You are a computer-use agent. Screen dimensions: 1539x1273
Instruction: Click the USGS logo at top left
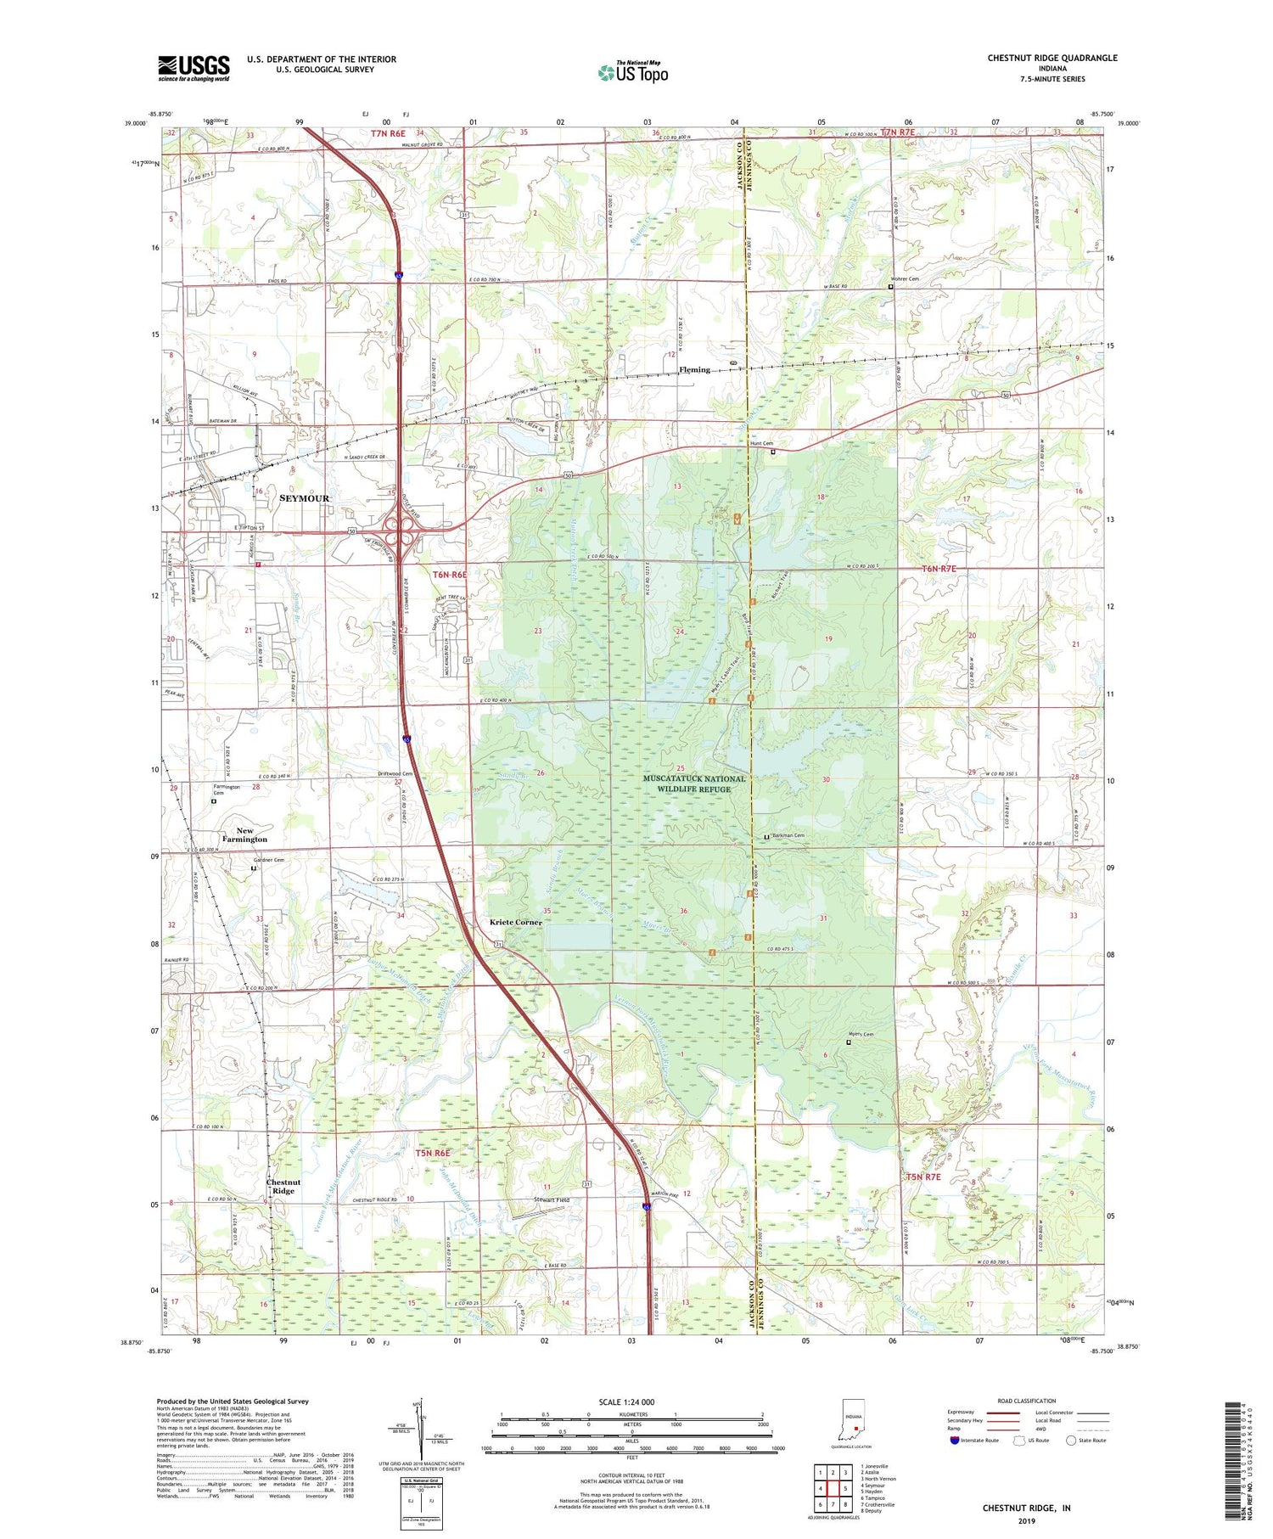[x=193, y=68]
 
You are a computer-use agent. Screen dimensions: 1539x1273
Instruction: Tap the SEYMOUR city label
[x=304, y=498]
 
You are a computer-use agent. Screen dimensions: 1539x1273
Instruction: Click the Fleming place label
[x=694, y=369]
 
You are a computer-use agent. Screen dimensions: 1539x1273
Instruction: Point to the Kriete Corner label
[x=515, y=922]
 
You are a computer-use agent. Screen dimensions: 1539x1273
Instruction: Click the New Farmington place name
[x=244, y=835]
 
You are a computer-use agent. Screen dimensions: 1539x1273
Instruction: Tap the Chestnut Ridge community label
[x=283, y=1186]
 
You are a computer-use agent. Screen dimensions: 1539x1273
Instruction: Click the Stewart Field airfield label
[x=551, y=1199]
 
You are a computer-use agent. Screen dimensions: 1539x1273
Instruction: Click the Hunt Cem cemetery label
[x=761, y=443]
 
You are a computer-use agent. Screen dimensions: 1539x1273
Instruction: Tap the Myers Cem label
[x=861, y=1034]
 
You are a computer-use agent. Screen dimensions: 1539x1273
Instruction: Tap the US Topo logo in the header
[x=632, y=72]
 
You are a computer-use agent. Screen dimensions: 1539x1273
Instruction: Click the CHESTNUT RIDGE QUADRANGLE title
[x=1051, y=58]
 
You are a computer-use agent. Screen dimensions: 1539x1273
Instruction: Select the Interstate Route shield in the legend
[x=955, y=1441]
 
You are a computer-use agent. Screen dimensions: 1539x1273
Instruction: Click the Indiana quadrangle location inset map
[x=852, y=1422]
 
